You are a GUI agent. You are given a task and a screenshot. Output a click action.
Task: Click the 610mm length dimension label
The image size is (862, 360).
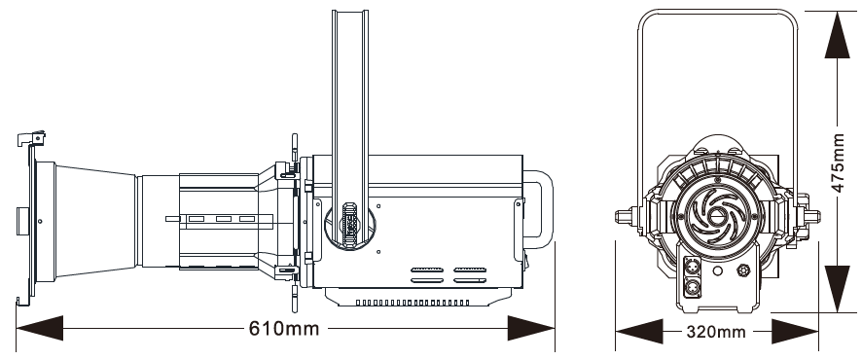tap(284, 329)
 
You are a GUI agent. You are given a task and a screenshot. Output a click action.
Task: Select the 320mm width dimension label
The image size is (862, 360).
tap(716, 332)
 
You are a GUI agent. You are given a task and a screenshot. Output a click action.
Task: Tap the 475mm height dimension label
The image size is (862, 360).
tap(838, 162)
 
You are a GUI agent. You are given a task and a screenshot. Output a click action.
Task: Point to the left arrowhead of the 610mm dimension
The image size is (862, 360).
tap(40, 328)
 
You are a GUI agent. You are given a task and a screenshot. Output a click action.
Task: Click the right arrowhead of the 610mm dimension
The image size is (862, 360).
tap(530, 328)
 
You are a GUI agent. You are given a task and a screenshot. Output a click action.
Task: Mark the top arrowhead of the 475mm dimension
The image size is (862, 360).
tap(838, 35)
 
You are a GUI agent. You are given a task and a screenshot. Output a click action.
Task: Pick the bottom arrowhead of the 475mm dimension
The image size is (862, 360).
tap(838, 289)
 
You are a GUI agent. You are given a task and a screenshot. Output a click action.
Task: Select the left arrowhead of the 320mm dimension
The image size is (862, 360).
tap(639, 332)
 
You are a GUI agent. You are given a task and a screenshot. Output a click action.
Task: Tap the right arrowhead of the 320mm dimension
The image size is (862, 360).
tap(795, 332)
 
